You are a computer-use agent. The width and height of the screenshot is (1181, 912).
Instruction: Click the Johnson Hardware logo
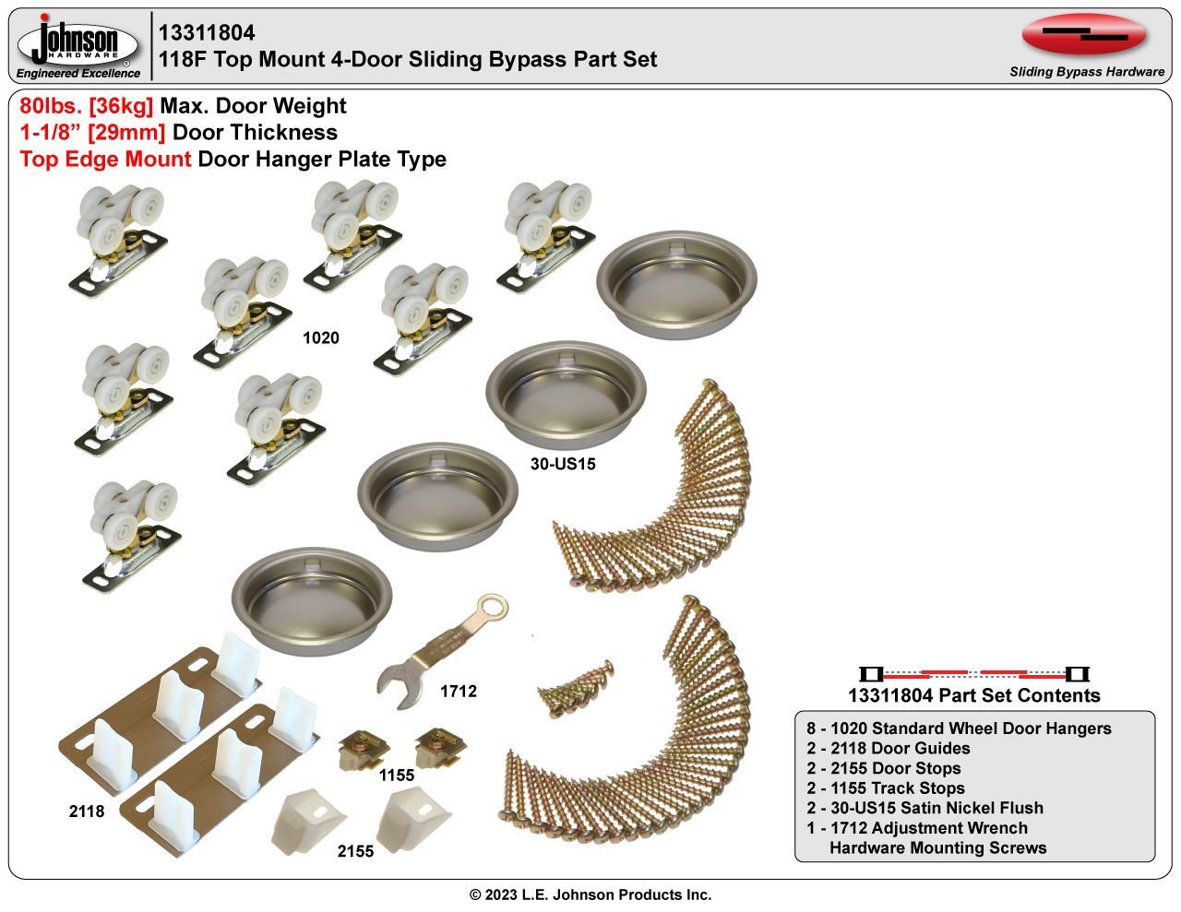pos(78,47)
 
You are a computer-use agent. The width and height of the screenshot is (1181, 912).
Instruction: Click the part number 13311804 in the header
pos(207,33)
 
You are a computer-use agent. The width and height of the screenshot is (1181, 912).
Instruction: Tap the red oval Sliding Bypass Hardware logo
pos(1084,35)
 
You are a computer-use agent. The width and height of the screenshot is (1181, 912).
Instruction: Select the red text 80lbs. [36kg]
pos(87,105)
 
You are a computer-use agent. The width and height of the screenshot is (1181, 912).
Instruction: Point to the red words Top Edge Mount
pos(105,160)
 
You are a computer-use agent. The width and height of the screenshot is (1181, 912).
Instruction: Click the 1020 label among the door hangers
pos(321,338)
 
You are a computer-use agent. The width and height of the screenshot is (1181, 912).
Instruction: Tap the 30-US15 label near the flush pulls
pos(563,464)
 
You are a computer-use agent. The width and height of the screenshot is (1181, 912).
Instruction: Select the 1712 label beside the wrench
pos(459,692)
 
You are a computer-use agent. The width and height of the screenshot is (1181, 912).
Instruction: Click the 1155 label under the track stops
pos(397,776)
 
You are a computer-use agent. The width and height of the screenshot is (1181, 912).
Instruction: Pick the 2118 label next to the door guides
pos(87,811)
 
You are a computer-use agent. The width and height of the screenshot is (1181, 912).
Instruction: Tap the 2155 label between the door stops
pos(355,851)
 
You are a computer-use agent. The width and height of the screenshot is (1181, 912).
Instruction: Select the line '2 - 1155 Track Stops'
pos(886,788)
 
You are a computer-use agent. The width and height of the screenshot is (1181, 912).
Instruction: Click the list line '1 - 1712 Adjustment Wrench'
pos(917,828)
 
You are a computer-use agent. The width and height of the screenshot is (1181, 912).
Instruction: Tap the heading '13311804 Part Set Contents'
pos(974,695)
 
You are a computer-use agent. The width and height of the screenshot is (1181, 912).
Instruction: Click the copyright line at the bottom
pos(590,894)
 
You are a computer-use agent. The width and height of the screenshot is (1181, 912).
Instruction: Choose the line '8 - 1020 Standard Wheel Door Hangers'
pos(959,728)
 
